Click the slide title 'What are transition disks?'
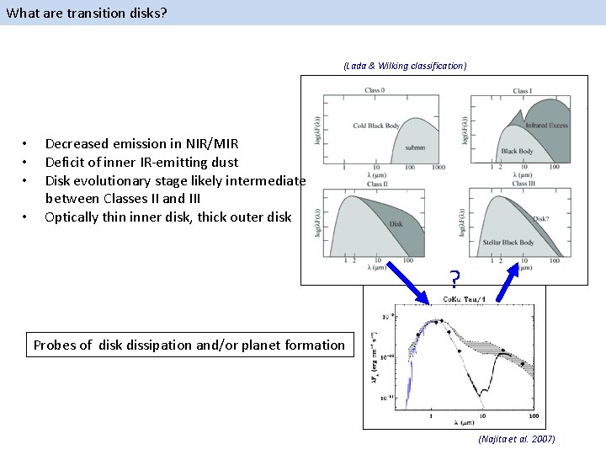click(x=77, y=13)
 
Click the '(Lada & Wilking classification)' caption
click(x=404, y=65)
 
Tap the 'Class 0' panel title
click(x=375, y=90)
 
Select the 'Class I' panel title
click(x=522, y=90)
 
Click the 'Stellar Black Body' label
click(x=508, y=243)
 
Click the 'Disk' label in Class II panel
click(x=396, y=224)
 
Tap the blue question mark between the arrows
click(x=454, y=279)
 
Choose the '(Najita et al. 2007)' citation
click(x=516, y=439)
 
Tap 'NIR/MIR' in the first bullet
click(x=211, y=143)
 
